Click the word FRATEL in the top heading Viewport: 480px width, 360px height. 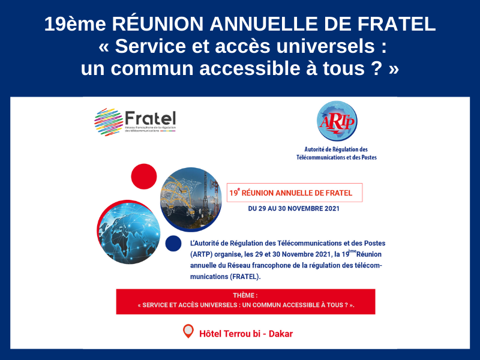click(397, 24)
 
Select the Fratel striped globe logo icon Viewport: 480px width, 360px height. click(109, 122)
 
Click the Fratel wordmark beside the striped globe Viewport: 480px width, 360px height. click(151, 118)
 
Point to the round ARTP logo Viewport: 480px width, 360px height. click(337, 121)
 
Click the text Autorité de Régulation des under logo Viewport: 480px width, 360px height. click(336, 149)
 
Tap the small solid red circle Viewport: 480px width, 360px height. click(144, 176)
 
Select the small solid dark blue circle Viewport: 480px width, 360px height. click(173, 244)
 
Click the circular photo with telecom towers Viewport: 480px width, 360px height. click(191, 199)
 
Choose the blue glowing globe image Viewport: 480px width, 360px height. click(129, 232)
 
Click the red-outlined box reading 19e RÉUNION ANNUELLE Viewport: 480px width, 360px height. click(295, 193)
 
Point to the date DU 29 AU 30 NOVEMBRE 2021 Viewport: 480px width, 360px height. click(293, 208)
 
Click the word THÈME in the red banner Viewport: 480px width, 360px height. click(244, 295)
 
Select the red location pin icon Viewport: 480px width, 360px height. click(188, 331)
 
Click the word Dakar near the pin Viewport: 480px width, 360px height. click(281, 334)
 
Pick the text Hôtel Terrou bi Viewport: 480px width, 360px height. click(230, 334)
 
